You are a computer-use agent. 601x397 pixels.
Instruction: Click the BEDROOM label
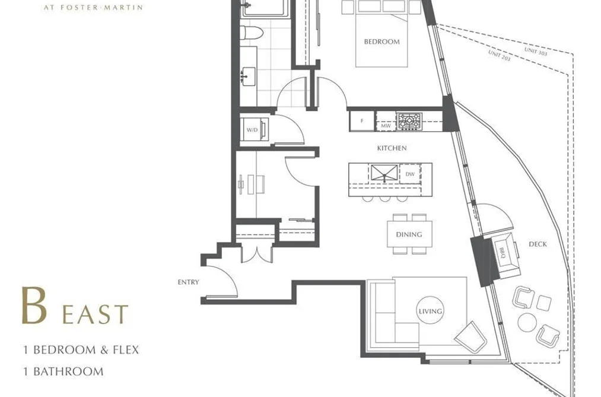(381, 42)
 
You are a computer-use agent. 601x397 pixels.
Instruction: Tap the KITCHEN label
(392, 148)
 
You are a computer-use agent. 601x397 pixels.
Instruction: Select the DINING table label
(409, 234)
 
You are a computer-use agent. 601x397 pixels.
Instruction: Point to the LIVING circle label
(430, 311)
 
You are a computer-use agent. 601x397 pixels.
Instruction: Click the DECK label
(538, 244)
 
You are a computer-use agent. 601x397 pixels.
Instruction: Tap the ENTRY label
(188, 282)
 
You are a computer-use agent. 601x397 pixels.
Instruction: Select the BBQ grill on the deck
(505, 253)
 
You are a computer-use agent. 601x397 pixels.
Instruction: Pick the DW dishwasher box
(410, 174)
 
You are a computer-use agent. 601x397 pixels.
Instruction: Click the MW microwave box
(386, 125)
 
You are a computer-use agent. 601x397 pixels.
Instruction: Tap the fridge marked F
(362, 121)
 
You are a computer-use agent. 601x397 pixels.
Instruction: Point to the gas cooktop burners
(409, 121)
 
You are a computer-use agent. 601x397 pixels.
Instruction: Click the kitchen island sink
(384, 173)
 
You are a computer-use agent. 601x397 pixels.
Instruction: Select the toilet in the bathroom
(251, 33)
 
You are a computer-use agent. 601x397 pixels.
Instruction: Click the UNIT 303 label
(536, 52)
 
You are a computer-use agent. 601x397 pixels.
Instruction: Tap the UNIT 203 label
(500, 56)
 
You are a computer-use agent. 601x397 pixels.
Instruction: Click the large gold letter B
(34, 306)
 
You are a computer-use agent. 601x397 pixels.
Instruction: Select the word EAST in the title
(95, 315)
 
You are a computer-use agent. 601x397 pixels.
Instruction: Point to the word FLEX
(126, 350)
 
